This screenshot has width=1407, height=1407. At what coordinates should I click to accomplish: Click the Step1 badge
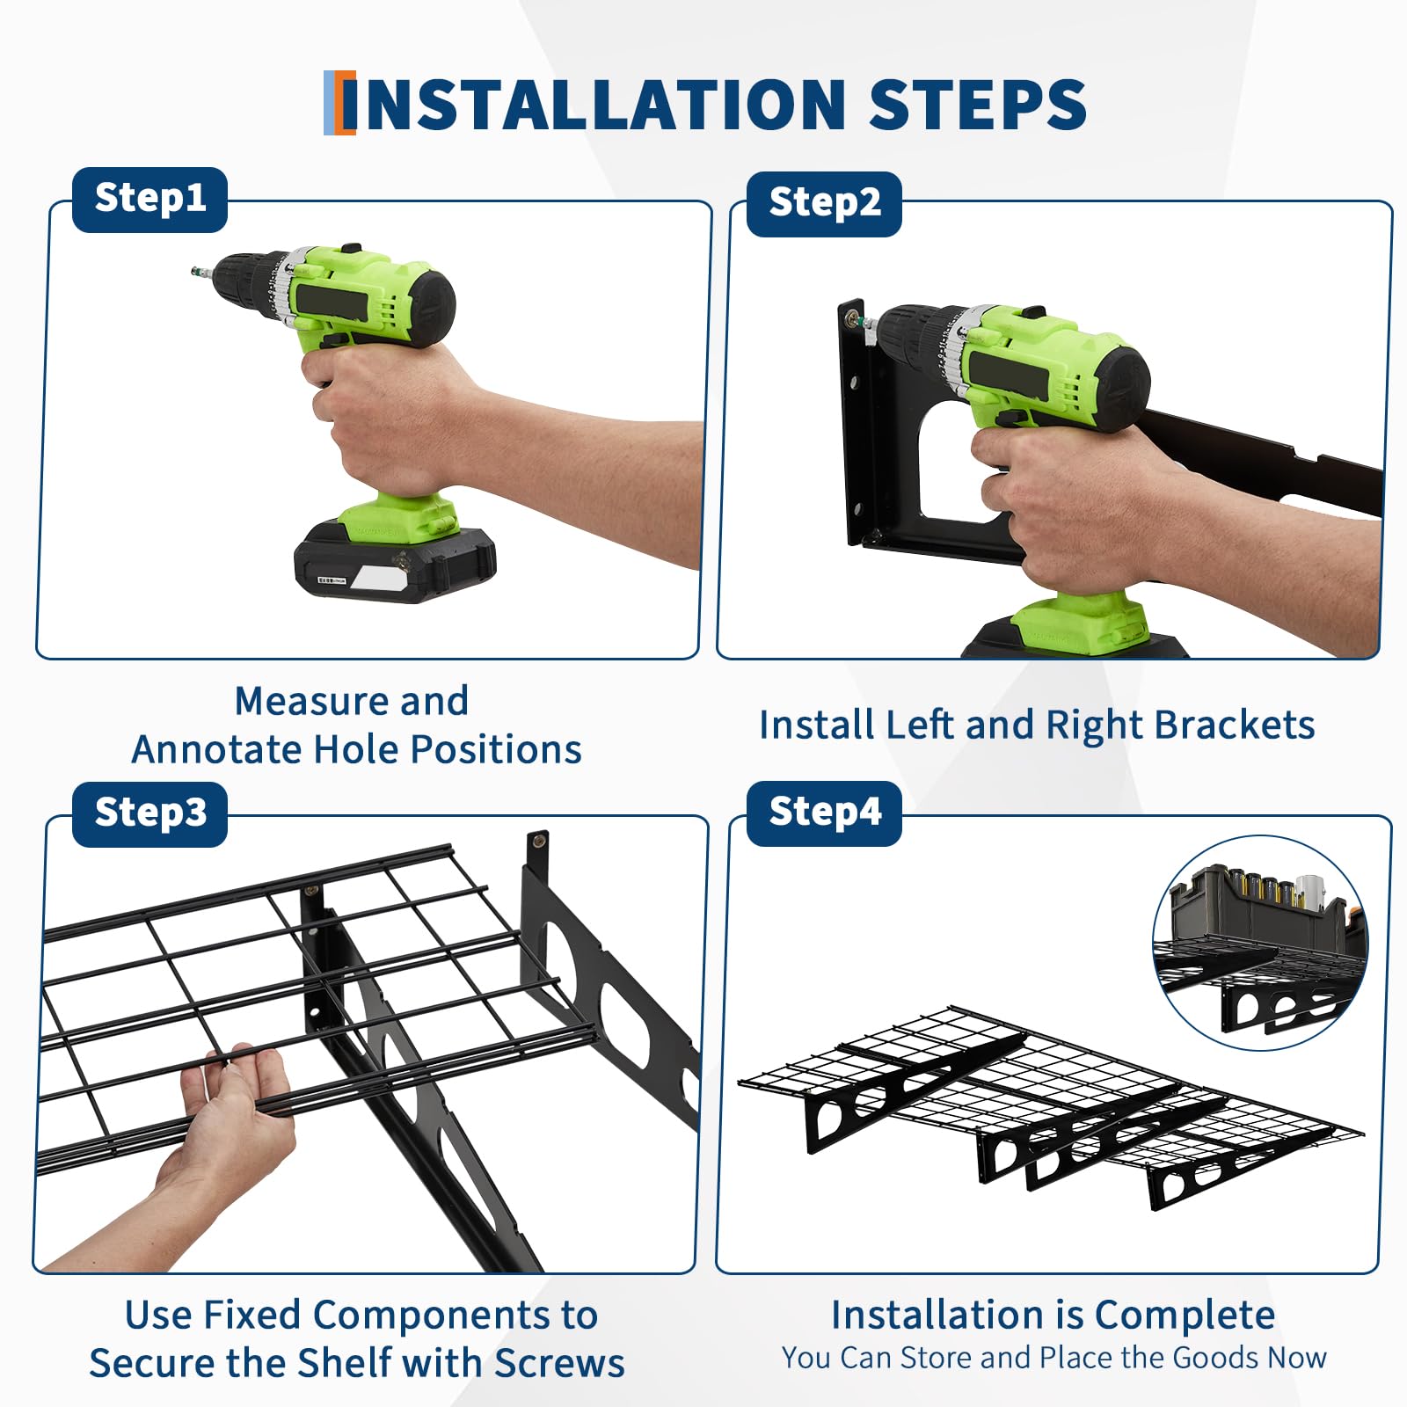click(x=149, y=200)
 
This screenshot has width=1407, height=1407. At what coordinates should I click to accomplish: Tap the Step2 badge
click(x=824, y=204)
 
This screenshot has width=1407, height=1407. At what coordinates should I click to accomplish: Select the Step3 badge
click(x=149, y=813)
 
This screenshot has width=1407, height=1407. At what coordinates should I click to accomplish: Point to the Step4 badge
click(x=824, y=813)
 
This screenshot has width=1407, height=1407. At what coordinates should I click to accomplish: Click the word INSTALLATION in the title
click(x=594, y=105)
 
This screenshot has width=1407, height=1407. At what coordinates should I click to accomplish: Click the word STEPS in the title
click(x=978, y=105)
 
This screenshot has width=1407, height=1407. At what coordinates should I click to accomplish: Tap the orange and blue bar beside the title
click(x=339, y=103)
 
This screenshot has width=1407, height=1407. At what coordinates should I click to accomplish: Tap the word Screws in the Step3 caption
click(x=559, y=1363)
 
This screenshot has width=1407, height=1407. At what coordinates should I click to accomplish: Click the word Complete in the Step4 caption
click(x=1185, y=1316)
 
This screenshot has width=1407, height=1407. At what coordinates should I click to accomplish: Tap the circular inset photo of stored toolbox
click(x=1261, y=943)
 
